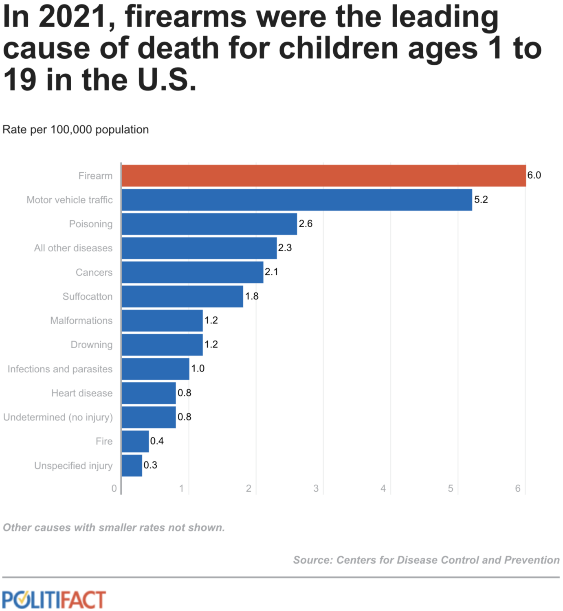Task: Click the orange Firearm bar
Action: click(324, 176)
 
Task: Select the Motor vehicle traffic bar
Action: click(297, 200)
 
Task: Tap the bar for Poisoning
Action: click(209, 224)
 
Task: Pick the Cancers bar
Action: click(193, 272)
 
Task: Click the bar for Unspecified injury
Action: click(132, 465)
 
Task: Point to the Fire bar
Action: click(135, 441)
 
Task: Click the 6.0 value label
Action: click(534, 175)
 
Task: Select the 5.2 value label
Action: click(481, 200)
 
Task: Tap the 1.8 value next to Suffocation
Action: click(252, 296)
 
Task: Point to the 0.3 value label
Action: click(150, 465)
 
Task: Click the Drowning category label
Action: click(91, 345)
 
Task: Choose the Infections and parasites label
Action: click(60, 369)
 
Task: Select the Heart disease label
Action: click(82, 393)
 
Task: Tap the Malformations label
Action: click(81, 321)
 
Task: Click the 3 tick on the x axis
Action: click(316, 488)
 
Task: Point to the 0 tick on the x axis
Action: click(114, 488)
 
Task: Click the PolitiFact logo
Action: click(54, 600)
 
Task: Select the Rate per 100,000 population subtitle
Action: click(76, 130)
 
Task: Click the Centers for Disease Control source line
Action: click(426, 560)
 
